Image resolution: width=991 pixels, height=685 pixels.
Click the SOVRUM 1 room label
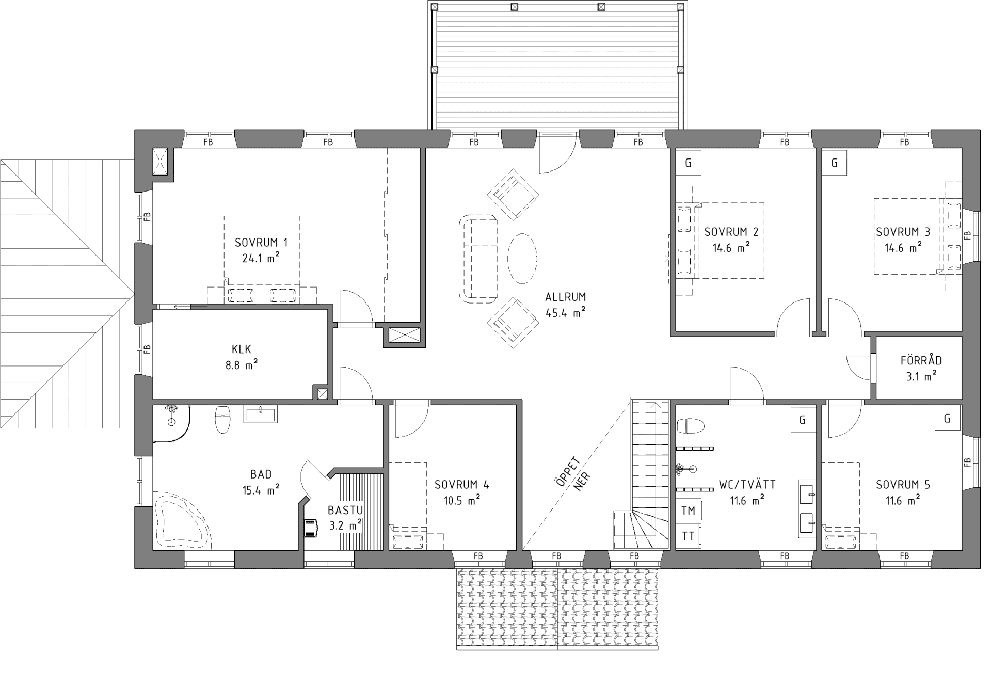click(x=261, y=243)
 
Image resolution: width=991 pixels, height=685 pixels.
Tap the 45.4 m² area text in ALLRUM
click(x=565, y=313)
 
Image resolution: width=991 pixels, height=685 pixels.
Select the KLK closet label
click(x=241, y=348)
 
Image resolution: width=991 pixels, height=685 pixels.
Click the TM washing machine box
click(x=688, y=511)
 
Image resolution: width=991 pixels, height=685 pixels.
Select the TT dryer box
click(x=688, y=536)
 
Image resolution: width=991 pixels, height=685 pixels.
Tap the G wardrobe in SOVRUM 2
click(x=688, y=163)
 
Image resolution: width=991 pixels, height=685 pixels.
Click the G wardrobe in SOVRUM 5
click(x=947, y=419)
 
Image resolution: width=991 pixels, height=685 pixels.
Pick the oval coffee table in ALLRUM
click(x=522, y=258)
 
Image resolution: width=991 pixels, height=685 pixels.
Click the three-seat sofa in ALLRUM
click(x=478, y=258)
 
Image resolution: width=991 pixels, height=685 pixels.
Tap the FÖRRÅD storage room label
click(x=921, y=361)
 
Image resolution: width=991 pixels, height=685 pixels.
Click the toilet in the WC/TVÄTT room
click(x=691, y=426)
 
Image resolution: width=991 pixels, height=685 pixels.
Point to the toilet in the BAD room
click(x=222, y=419)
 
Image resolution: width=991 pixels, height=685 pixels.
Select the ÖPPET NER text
click(x=574, y=474)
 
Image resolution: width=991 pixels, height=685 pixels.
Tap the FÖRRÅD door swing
click(x=859, y=368)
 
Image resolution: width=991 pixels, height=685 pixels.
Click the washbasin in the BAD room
click(x=260, y=415)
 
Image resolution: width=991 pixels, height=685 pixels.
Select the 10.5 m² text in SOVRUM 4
click(x=462, y=501)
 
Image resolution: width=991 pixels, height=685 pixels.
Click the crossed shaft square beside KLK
click(x=322, y=394)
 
